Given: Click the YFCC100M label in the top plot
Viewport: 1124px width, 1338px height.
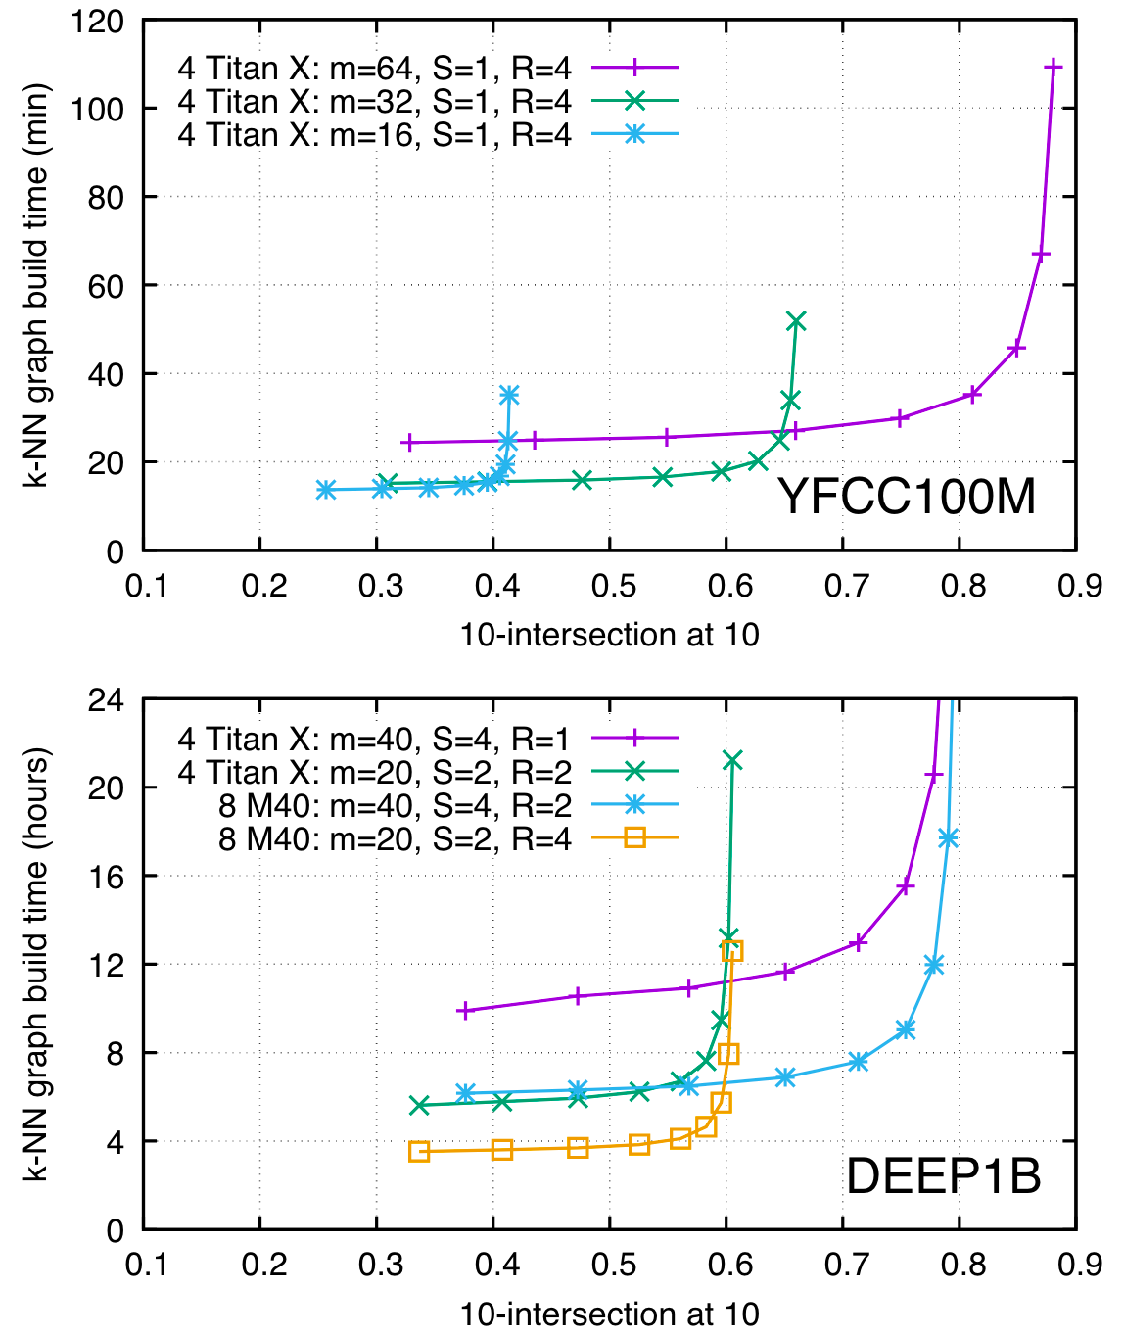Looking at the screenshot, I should [907, 497].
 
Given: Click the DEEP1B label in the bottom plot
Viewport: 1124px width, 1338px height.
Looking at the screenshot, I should [943, 1175].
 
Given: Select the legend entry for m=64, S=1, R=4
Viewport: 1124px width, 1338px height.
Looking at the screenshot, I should [374, 68].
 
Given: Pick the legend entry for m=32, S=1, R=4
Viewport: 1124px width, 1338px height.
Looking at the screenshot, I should [374, 101].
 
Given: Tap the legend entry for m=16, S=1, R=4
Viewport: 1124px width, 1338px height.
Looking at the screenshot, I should [374, 135].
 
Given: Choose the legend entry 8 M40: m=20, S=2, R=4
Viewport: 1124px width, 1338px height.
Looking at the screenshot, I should [395, 838].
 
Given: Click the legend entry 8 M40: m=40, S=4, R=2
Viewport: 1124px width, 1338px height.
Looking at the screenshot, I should [395, 805].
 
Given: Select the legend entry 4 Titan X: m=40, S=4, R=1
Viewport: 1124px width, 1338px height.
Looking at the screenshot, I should [374, 740].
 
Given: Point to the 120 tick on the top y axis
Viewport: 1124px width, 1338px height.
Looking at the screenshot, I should [98, 21].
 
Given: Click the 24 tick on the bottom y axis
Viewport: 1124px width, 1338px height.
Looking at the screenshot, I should [109, 699].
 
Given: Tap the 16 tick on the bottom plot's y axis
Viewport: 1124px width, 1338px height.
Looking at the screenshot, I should [109, 876].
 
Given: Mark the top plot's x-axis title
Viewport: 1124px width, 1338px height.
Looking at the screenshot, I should [609, 635].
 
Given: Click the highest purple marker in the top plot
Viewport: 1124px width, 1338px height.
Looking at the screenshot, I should [1054, 66].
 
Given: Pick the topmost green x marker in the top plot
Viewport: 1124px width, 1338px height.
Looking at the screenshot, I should [796, 321].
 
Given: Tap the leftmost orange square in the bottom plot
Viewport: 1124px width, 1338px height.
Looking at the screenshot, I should [419, 1152].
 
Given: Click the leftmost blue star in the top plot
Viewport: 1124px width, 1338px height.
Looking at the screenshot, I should [326, 490].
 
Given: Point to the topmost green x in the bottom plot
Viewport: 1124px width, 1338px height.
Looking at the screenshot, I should [732, 760].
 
